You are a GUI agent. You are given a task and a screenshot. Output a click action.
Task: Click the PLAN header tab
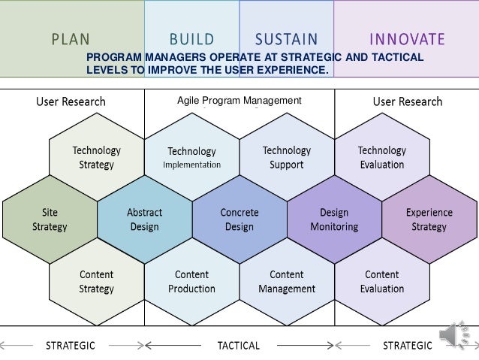click(71, 38)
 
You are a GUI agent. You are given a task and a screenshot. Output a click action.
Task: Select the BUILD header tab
click(191, 38)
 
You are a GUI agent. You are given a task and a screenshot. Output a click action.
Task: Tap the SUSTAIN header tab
click(286, 38)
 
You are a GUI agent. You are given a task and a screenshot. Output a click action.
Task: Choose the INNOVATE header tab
click(407, 38)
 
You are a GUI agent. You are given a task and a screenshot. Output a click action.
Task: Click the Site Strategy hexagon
click(50, 219)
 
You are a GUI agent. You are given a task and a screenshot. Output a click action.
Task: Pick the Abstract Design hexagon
click(145, 219)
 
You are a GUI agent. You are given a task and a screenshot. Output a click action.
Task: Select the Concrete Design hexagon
click(239, 219)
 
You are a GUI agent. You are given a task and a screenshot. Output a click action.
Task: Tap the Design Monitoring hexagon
click(334, 219)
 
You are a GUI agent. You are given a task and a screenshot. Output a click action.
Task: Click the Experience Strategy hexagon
click(429, 219)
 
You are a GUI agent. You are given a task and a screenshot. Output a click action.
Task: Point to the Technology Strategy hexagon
click(97, 158)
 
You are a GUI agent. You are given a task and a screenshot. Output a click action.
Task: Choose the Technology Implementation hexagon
click(191, 158)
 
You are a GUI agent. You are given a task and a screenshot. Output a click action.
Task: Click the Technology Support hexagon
click(286, 158)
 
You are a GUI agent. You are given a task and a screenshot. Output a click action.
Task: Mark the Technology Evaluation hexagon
click(381, 158)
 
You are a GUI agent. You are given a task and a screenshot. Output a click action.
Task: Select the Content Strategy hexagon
click(97, 282)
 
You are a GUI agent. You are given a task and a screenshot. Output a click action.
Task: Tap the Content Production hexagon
click(191, 282)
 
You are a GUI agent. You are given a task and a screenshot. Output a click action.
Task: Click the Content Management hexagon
click(286, 282)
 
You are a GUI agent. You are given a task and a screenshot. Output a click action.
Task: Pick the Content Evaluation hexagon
click(381, 282)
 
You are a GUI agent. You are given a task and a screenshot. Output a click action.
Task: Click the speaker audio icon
click(456, 337)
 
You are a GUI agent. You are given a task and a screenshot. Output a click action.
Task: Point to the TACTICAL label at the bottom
click(238, 346)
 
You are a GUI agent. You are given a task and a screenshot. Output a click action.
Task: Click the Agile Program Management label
click(239, 101)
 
